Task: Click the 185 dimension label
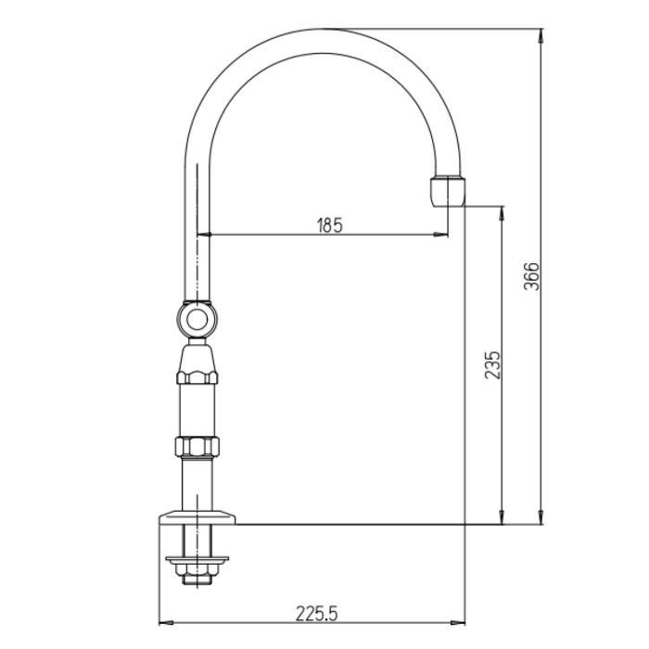coord(330,225)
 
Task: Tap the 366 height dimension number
coord(532,276)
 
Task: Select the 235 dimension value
coord(492,365)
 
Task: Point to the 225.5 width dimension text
coord(317,614)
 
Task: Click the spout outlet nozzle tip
coord(448,191)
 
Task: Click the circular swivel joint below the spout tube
coord(197,320)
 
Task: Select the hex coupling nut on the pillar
coord(197,447)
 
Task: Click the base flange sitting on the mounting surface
coord(197,517)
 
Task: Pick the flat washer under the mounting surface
coord(197,560)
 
